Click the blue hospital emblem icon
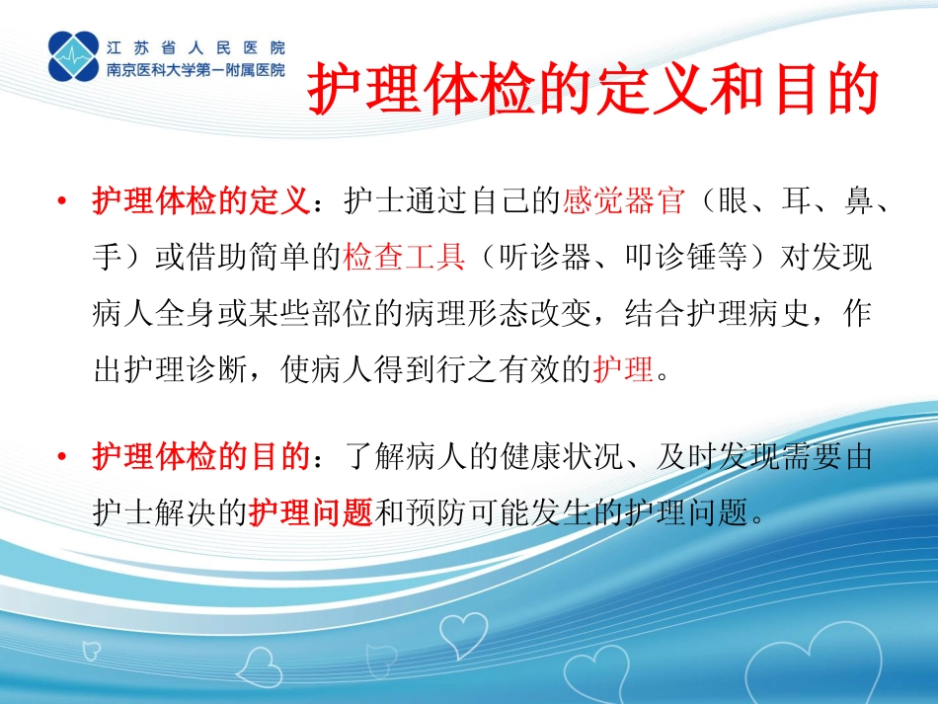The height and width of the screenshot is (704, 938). [75, 56]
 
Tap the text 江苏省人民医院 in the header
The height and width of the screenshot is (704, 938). [195, 45]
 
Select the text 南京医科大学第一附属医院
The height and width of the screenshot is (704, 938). [195, 70]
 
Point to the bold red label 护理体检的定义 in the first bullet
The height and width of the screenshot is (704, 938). [201, 203]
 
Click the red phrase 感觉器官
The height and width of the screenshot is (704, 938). [624, 203]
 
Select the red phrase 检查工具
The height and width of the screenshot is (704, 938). [405, 259]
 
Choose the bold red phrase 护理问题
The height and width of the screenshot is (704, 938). [310, 513]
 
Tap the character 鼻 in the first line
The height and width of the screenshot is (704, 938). [857, 203]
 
